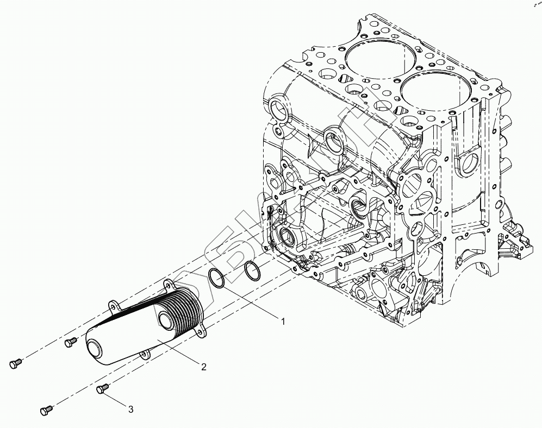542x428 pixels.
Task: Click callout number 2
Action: [x=203, y=367]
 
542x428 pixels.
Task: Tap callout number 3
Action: [x=130, y=410]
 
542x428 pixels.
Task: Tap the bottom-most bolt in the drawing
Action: [x=47, y=410]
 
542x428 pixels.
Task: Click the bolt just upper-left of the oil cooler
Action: [x=70, y=342]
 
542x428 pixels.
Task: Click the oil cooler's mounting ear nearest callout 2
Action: [x=204, y=329]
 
